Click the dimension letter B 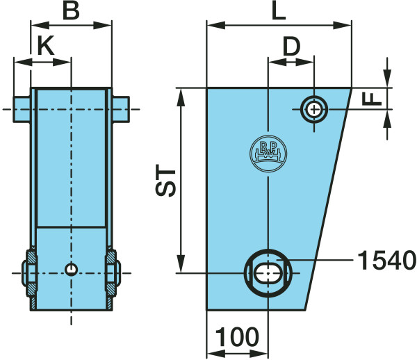pos(71,11)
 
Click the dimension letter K pos(46,45)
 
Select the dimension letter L pos(279,11)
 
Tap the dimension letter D pos(292,47)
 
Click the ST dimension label pos(165,181)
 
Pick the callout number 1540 pos(387,261)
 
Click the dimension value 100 pos(237,337)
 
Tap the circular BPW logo pos(268,154)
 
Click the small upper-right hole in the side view pos(314,109)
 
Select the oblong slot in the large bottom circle pos(268,273)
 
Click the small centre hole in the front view pos(72,270)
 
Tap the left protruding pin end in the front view pos(22,109)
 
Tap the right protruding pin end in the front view pos(121,109)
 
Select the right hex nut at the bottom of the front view pos(113,273)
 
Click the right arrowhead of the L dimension pos(342,26)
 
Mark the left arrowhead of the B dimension pos(40,26)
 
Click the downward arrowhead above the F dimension pos(387,78)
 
